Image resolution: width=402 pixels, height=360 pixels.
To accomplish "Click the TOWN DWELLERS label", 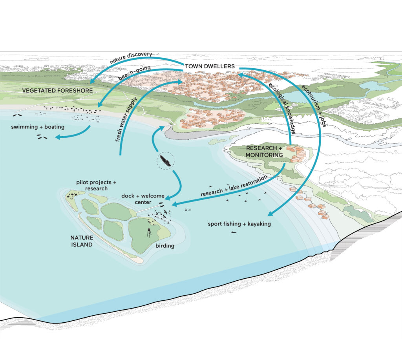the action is click(210, 66).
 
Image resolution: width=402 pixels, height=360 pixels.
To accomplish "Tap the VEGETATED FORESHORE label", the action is click(57, 91).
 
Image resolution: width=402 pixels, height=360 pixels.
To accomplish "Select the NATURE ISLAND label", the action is click(82, 241).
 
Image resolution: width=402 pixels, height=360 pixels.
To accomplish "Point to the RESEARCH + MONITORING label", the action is click(264, 152).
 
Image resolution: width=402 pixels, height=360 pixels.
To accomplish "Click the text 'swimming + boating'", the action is click(38, 127).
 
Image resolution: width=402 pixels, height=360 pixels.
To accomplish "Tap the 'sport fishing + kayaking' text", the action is click(239, 224).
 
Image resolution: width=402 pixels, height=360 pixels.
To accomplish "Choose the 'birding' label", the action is click(165, 246).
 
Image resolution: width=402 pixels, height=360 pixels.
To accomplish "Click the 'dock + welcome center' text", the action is click(143, 199).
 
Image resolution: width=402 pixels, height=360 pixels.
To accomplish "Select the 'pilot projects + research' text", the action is click(96, 185).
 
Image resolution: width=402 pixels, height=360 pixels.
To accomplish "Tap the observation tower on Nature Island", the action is click(149, 232).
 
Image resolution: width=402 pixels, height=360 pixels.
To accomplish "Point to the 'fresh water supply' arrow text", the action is click(126, 119).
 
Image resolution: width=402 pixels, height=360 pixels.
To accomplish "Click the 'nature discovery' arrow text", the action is click(131, 58).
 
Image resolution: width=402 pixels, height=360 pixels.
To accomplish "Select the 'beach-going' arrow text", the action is click(134, 73).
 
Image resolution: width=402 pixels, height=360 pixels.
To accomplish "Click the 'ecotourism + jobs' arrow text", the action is click(314, 106).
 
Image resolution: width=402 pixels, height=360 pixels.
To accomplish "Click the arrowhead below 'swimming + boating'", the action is click(58, 137).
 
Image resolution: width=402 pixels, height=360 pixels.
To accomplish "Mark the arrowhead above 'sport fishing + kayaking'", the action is click(271, 214).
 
